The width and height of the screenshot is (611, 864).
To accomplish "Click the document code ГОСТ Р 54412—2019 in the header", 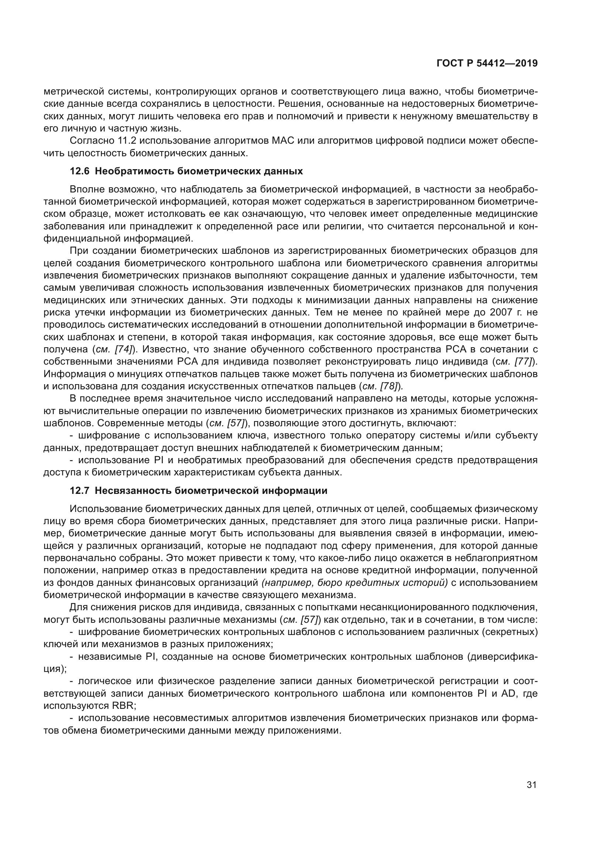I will tap(487, 64).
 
